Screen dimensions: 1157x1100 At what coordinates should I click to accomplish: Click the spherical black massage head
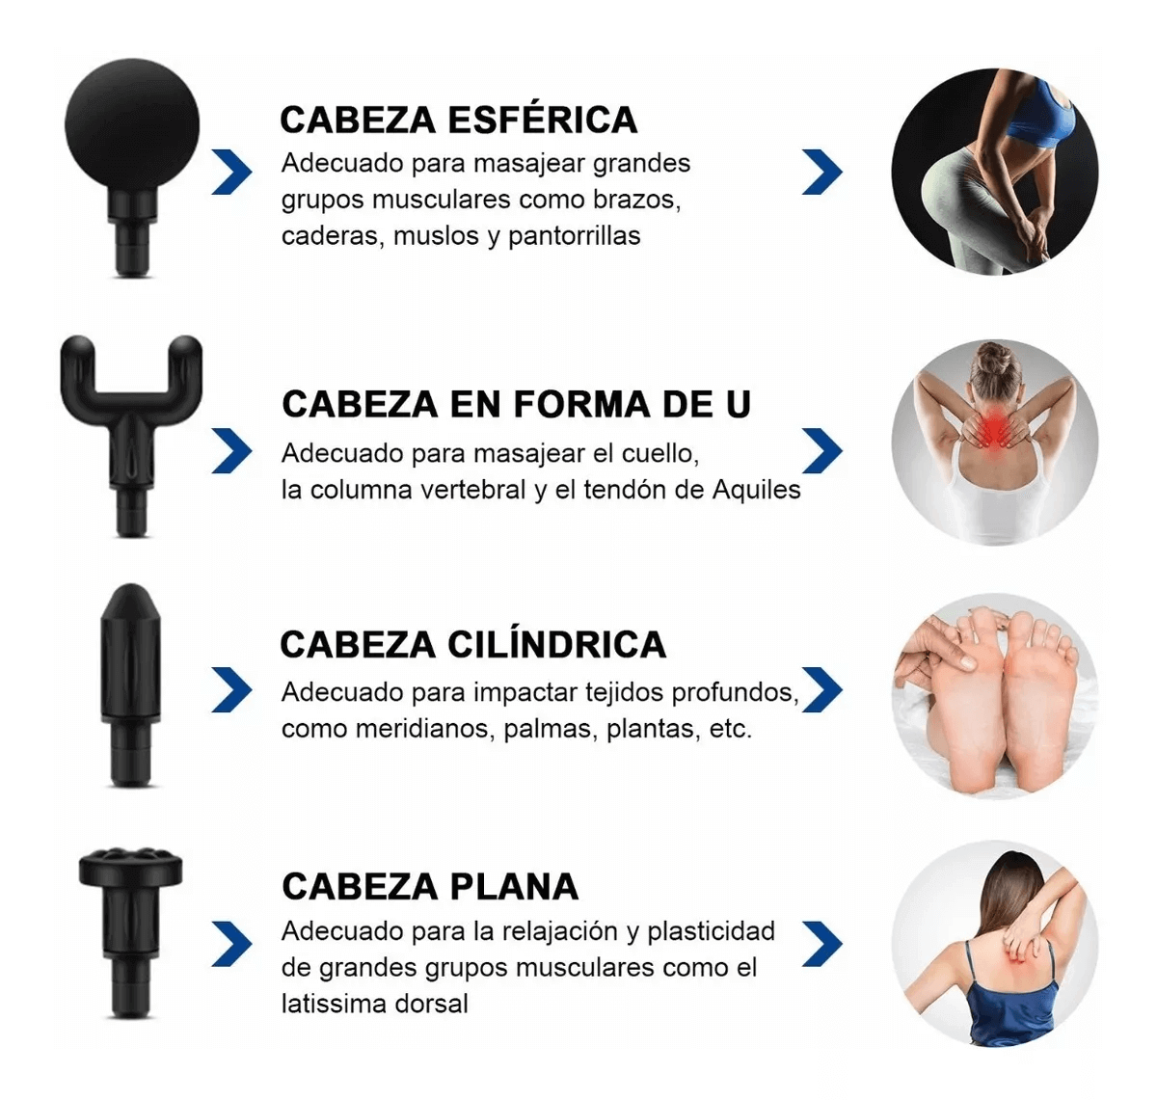pos(132,167)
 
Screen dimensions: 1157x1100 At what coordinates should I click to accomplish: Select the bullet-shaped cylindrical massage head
pos(131,684)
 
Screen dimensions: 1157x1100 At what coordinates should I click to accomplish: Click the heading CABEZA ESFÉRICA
pos(458,120)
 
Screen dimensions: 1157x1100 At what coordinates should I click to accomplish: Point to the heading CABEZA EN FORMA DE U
pos(516,404)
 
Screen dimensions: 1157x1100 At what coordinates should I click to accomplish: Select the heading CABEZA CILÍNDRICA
pos(473,644)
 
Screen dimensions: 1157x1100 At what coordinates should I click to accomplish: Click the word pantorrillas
pos(574,236)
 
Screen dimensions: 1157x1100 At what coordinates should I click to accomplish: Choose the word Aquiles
pos(756,490)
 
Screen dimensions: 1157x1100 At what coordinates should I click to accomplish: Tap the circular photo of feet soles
pos(994,695)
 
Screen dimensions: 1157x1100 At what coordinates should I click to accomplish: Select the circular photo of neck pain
pos(994,442)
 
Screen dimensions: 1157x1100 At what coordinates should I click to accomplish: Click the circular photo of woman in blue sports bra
pos(994,172)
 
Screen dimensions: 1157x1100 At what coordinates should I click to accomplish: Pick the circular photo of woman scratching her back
pos(994,943)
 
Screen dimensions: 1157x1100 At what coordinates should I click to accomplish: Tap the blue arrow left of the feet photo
pos(821,689)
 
